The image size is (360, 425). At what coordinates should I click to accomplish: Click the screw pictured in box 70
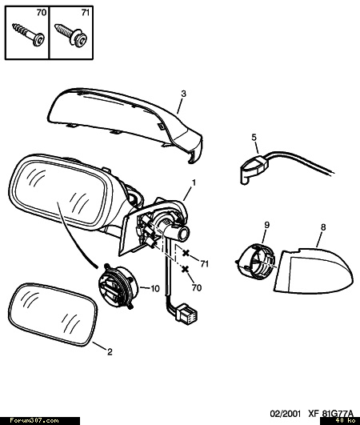point(29,34)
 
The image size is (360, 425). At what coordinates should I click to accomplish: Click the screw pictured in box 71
point(71,34)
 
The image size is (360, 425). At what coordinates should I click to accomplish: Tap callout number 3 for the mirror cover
point(184,94)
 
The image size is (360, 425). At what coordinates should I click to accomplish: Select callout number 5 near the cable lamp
point(254,138)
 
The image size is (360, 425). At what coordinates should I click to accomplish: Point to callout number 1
point(194,182)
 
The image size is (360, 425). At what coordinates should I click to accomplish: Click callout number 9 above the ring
point(267,225)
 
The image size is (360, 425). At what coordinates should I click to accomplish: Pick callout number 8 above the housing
point(323,227)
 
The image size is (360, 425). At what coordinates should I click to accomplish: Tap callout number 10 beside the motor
point(155,289)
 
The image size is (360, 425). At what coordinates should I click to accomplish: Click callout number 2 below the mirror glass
point(110,352)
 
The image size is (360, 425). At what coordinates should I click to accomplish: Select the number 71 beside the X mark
point(205,263)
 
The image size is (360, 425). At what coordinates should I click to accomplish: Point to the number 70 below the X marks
point(197,287)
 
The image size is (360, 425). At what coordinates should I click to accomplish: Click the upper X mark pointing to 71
point(186,253)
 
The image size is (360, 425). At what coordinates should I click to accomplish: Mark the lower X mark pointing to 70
point(185,269)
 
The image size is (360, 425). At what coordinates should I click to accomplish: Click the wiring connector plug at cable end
point(186,312)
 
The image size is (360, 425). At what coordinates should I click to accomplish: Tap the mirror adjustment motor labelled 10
point(118,287)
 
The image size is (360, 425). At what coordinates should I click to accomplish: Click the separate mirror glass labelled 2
point(53,315)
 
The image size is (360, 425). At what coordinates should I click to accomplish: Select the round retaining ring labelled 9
point(255,261)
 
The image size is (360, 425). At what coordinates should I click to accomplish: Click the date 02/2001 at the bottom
point(286,414)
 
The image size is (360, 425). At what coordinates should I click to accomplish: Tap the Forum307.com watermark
point(34,421)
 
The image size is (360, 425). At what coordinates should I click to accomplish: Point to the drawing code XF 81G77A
point(330,414)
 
